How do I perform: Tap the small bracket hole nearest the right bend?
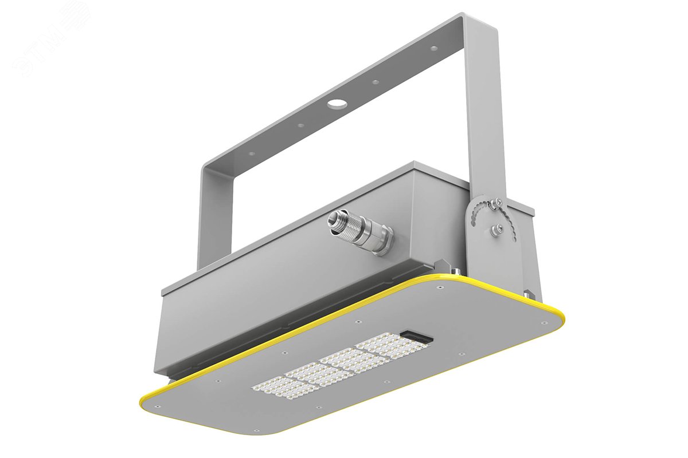click(x=434, y=49)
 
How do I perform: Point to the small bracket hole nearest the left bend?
click(x=251, y=153)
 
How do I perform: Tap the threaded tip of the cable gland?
click(x=334, y=219)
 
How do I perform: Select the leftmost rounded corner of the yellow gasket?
click(x=147, y=401)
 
